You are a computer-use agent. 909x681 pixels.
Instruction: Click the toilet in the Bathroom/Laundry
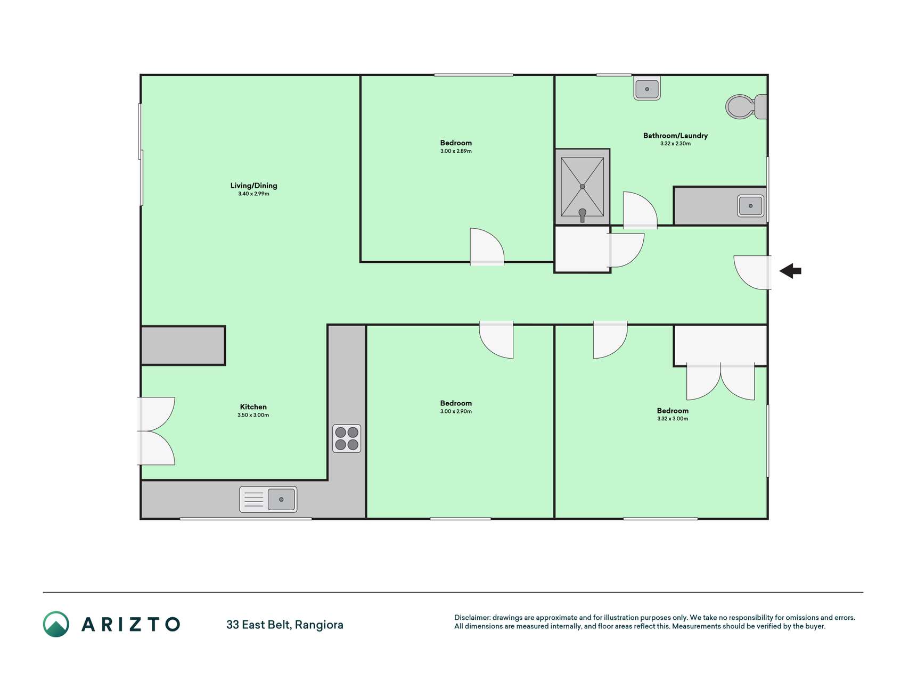(x=746, y=106)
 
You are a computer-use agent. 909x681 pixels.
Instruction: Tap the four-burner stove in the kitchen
(x=347, y=438)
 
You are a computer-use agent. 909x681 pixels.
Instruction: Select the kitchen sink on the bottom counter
(x=268, y=500)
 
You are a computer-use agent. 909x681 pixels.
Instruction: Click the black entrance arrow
(x=790, y=271)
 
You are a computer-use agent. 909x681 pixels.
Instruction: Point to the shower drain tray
(x=582, y=187)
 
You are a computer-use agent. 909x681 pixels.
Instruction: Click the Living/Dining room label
(x=253, y=186)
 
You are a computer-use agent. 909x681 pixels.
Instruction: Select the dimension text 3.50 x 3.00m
(x=253, y=415)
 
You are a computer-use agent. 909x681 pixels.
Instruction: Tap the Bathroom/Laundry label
(x=675, y=136)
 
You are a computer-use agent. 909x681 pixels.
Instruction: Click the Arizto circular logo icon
(x=56, y=624)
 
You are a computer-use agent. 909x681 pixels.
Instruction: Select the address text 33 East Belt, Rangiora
(x=285, y=625)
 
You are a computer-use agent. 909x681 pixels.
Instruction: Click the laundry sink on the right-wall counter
(x=750, y=206)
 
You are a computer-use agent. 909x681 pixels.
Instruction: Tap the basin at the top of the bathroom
(x=647, y=88)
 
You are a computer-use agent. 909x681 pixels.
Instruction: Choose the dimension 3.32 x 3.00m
(x=673, y=419)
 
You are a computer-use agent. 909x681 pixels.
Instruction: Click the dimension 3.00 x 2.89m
(x=456, y=151)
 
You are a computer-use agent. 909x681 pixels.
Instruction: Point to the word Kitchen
(x=253, y=407)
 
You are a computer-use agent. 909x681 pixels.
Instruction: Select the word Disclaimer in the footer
(x=472, y=618)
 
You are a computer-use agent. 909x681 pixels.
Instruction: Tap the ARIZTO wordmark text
(x=130, y=624)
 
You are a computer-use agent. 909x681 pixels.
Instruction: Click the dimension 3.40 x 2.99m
(x=253, y=194)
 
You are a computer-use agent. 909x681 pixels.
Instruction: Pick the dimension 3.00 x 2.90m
(x=456, y=411)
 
